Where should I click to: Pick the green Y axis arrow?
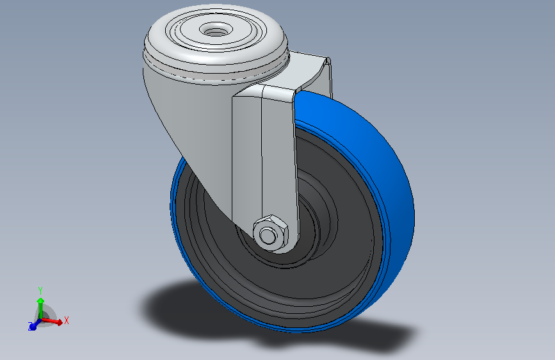pyautogui.click(x=40, y=305)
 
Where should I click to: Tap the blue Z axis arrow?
pyautogui.click(x=33, y=326)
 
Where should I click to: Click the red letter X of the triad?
pyautogui.click(x=66, y=320)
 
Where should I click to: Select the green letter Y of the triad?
pyautogui.click(x=40, y=290)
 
